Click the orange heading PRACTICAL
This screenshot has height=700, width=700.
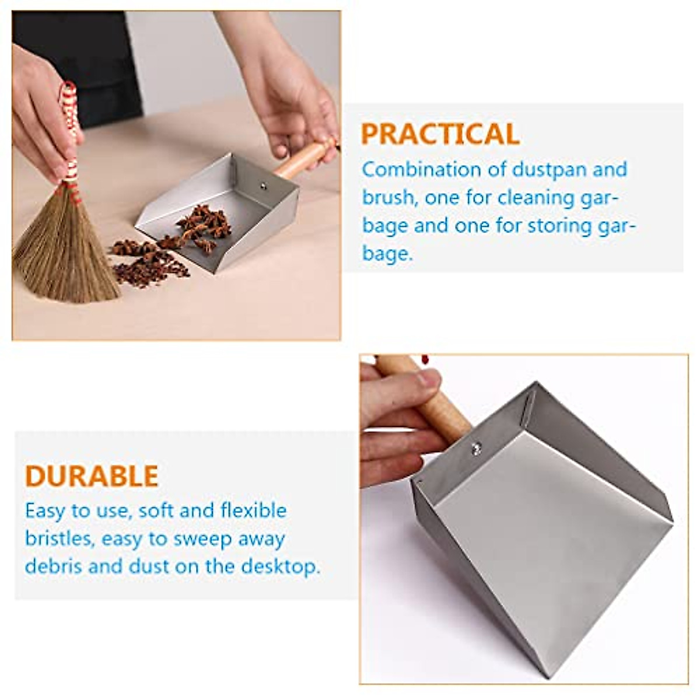pyautogui.click(x=440, y=134)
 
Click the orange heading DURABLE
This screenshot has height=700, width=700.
pyautogui.click(x=92, y=476)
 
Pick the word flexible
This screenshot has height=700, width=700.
pyautogui.click(x=253, y=510)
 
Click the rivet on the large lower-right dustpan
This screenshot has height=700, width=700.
pyautogui.click(x=477, y=448)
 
